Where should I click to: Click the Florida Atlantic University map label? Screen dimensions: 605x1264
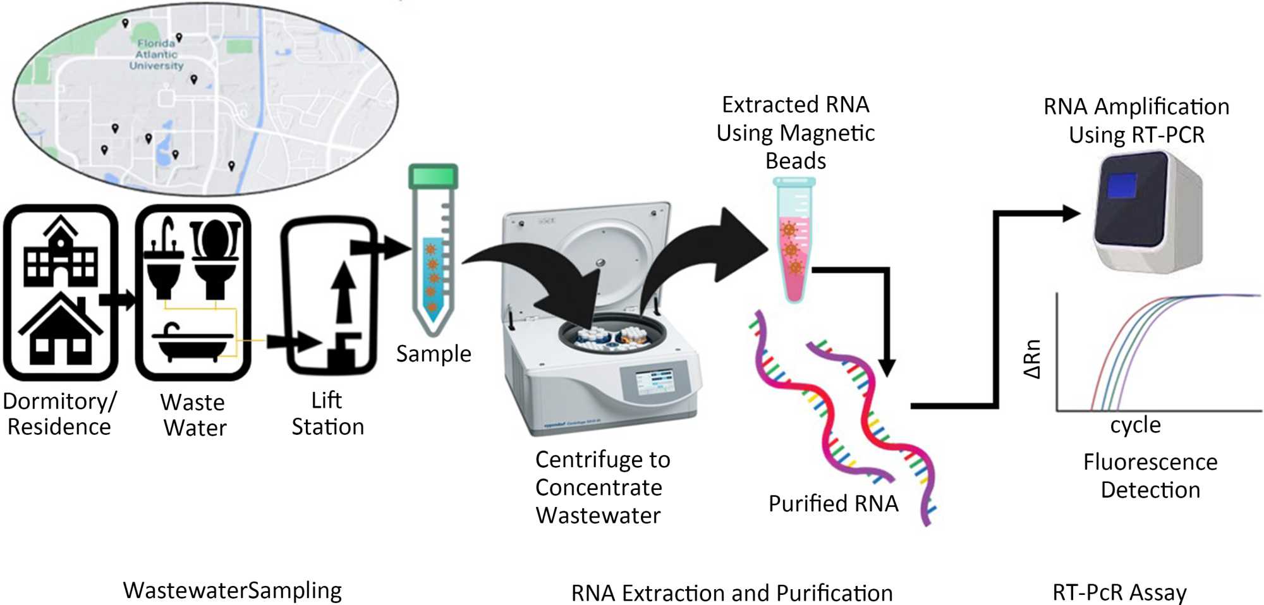[x=156, y=54]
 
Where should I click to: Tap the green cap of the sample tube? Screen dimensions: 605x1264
[x=433, y=176]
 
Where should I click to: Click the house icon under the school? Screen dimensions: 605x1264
[x=60, y=332]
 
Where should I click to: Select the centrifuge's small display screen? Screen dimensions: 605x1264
[x=654, y=383]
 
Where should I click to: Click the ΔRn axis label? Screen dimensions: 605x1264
[x=1031, y=358]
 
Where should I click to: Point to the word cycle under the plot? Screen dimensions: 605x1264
[x=1135, y=425]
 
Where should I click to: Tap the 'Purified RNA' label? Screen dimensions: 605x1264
[x=833, y=504]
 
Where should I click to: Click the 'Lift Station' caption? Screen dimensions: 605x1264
[x=327, y=413]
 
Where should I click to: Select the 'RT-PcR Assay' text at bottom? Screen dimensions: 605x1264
[x=1119, y=592]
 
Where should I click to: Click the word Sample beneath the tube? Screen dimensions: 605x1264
[x=434, y=354]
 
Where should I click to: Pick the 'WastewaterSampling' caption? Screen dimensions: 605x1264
[x=232, y=590]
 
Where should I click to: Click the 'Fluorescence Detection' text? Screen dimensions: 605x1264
[x=1150, y=475]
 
